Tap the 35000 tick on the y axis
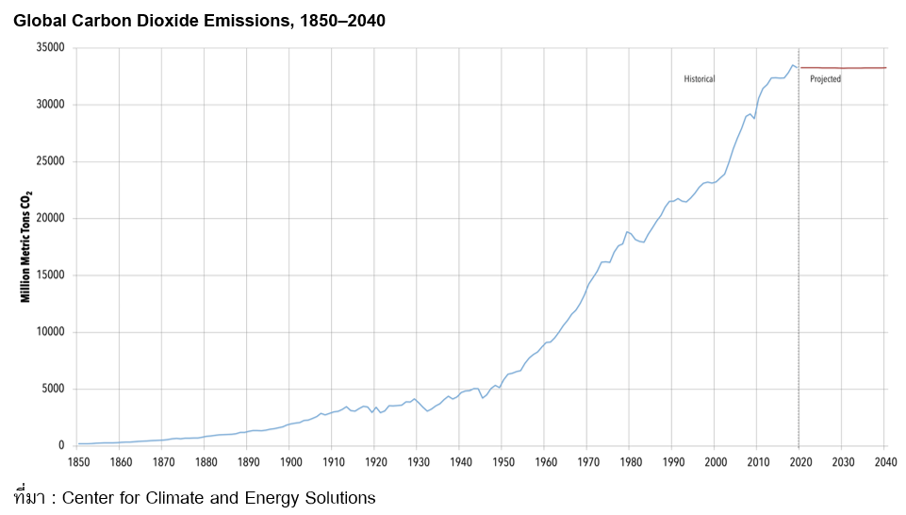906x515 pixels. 49,48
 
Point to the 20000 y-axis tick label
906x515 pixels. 49,219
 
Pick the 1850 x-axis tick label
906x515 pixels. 78,462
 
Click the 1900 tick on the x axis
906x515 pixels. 290,462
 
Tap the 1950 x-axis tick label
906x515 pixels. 502,462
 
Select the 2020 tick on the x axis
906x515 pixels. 799,462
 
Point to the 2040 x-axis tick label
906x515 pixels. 884,462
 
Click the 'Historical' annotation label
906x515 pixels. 700,79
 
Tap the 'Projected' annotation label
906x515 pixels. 825,79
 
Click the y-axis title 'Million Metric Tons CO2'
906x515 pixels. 27,245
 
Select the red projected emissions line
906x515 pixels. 844,68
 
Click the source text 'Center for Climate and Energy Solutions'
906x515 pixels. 218,497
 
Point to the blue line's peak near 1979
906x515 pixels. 626,231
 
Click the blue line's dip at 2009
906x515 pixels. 754,118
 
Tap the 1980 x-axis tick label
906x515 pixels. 630,462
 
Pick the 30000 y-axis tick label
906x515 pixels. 49,105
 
